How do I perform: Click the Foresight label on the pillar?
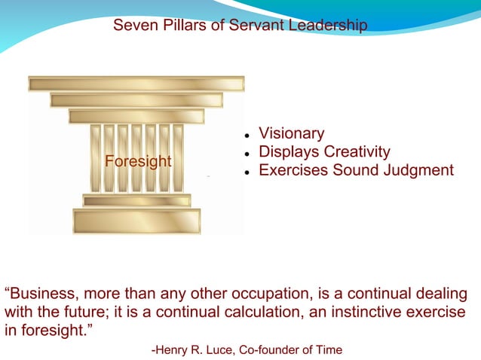tap(138, 161)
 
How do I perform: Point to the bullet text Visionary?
tap(291, 133)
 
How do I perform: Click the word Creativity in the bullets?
tap(357, 152)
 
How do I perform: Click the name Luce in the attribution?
tap(222, 349)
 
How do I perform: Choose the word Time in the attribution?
tap(329, 349)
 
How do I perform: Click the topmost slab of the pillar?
tap(136, 84)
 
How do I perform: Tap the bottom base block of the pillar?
tap(136, 221)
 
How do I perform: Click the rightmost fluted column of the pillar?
tap(179, 157)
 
